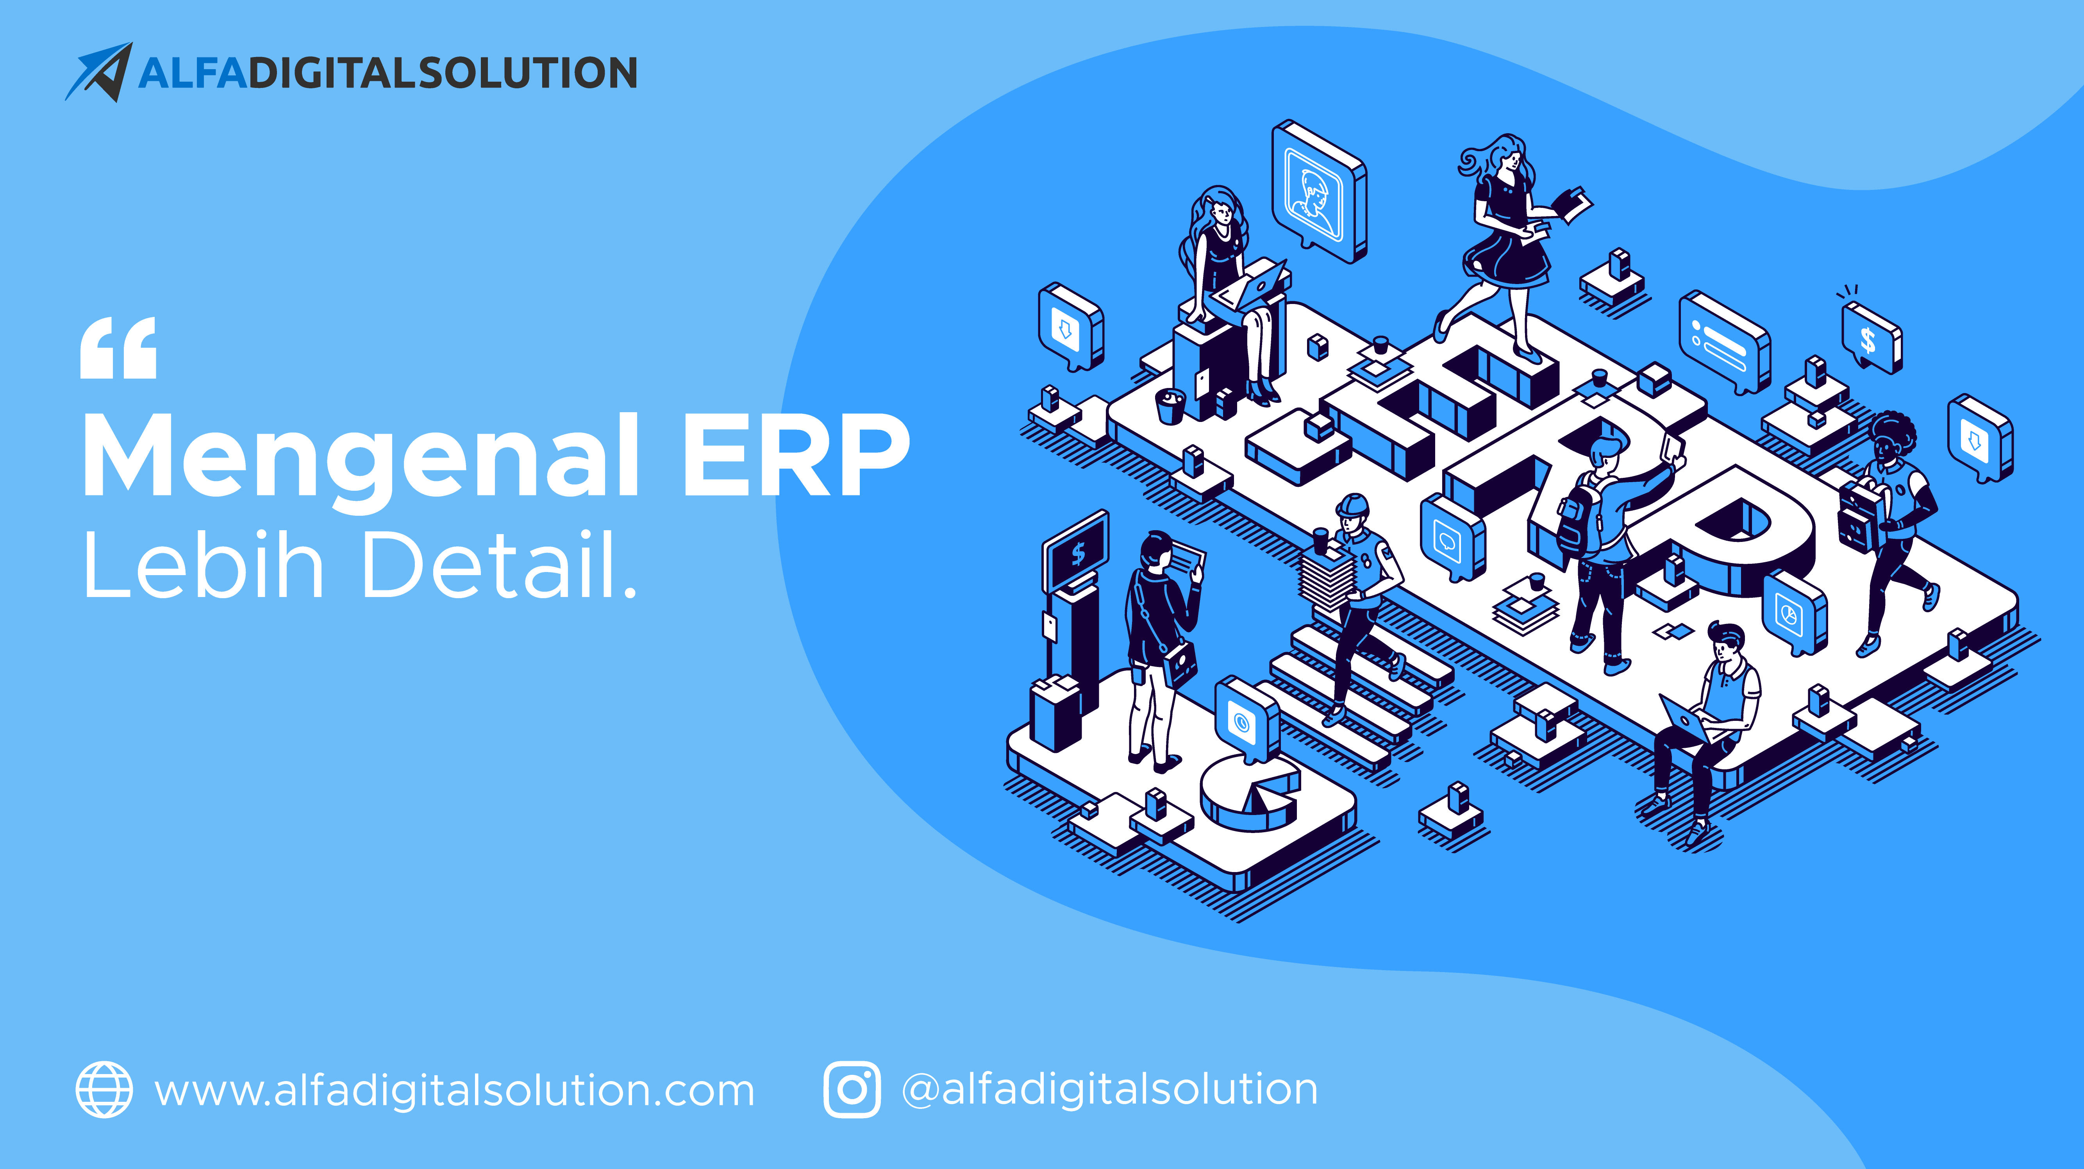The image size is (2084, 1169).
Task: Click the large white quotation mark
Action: coord(118,348)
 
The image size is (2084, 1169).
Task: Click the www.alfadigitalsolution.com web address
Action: coord(455,1090)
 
